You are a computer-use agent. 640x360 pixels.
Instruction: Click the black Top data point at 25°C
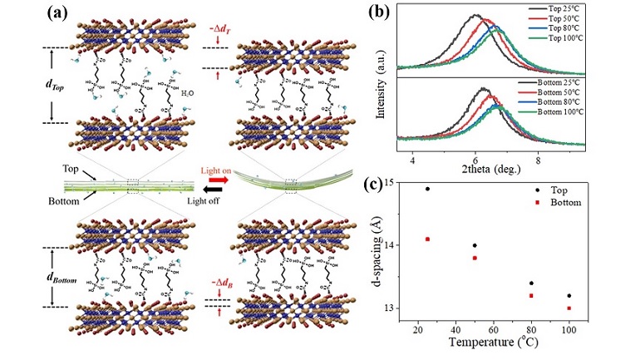click(427, 189)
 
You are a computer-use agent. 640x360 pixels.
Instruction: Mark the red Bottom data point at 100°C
click(569, 308)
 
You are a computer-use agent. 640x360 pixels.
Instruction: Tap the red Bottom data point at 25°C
click(427, 239)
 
